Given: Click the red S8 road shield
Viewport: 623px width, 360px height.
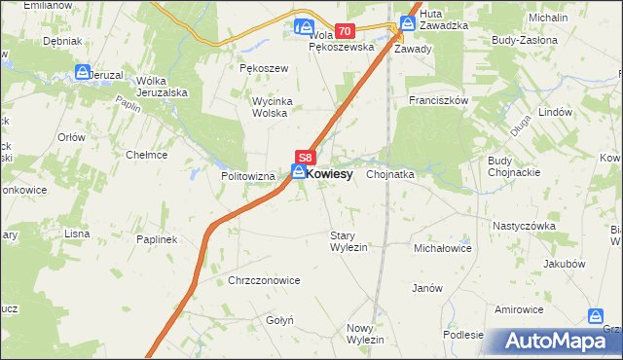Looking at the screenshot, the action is tap(305, 157).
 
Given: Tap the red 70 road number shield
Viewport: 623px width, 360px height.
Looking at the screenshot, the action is tap(345, 31).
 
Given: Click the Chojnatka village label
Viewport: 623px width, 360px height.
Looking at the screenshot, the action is tap(391, 174).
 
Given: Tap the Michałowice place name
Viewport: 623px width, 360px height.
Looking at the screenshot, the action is tap(443, 249).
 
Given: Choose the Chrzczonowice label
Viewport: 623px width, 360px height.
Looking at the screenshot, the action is tap(264, 280).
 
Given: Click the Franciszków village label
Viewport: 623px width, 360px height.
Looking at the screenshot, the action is tap(440, 100).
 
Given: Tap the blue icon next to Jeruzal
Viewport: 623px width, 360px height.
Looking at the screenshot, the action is tap(83, 73).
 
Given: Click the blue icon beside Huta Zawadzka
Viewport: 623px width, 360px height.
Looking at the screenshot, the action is tap(408, 20).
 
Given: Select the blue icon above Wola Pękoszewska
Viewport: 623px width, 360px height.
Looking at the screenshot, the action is tap(306, 27).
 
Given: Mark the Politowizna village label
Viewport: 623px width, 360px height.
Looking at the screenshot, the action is tap(249, 176).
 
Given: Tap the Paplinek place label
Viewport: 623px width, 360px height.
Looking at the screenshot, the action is tap(156, 239).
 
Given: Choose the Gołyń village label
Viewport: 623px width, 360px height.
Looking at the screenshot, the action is tap(272, 319).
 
